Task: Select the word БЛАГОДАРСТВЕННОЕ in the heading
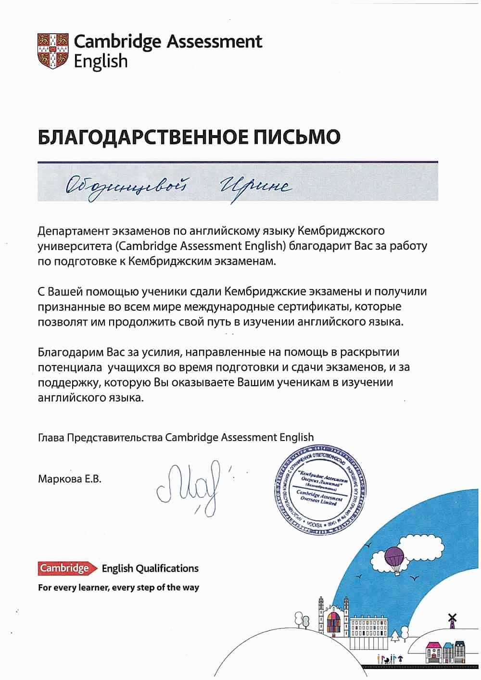pyautogui.click(x=142, y=138)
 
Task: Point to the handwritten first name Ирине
pyautogui.click(x=255, y=185)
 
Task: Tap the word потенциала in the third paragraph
pyautogui.click(x=70, y=368)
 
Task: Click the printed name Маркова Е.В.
pyautogui.click(x=70, y=479)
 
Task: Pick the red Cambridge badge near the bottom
pyautogui.click(x=64, y=568)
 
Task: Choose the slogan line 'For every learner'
pyautogui.click(x=118, y=587)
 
